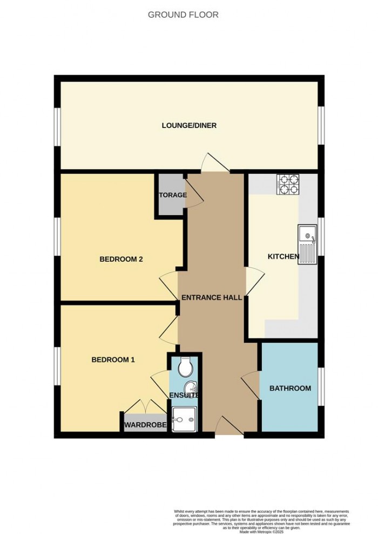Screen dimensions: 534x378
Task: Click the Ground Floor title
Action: coord(183,15)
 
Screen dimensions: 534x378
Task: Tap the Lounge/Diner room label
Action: coord(189,125)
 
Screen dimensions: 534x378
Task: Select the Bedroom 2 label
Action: coord(121,259)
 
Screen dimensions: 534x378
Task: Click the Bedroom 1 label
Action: coord(113,359)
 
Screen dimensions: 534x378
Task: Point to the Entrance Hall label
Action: coord(211,298)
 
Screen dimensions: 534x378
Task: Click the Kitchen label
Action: coord(283,256)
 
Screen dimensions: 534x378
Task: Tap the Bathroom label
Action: coord(290,388)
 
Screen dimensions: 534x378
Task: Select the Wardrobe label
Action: coord(145,425)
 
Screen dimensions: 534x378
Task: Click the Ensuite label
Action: coord(185,396)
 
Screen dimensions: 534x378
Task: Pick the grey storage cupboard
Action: coord(171,195)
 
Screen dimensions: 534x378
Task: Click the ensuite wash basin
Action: coord(191,388)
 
